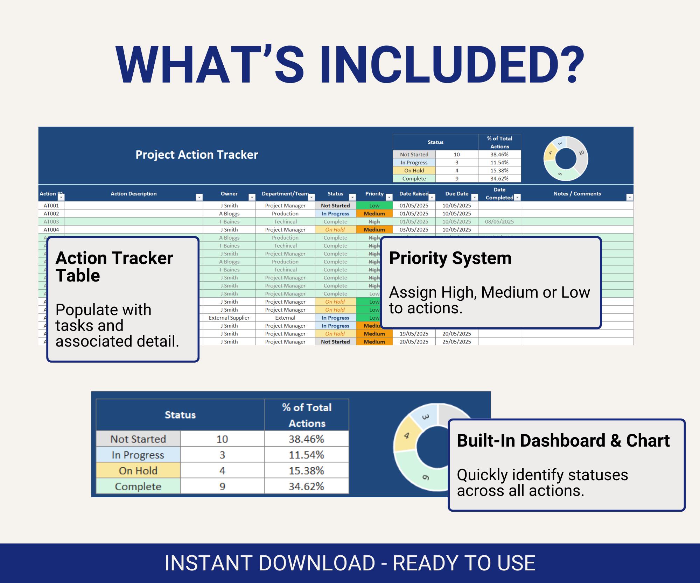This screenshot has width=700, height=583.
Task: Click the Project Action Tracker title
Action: pyautogui.click(x=197, y=155)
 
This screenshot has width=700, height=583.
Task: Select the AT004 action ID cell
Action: pyautogui.click(x=51, y=230)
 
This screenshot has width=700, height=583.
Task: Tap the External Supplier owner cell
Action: pyautogui.click(x=229, y=318)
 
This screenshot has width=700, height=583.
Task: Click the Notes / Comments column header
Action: pyautogui.click(x=577, y=194)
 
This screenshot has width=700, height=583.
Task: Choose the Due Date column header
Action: pyautogui.click(x=456, y=194)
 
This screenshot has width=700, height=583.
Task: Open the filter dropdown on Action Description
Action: pyautogui.click(x=199, y=197)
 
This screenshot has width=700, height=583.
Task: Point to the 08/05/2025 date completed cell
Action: pyautogui.click(x=499, y=222)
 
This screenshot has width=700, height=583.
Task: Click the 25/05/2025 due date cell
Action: pyautogui.click(x=456, y=342)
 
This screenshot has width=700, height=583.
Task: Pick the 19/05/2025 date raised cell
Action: pyautogui.click(x=414, y=334)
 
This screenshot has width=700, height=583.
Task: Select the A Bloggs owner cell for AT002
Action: pyautogui.click(x=229, y=214)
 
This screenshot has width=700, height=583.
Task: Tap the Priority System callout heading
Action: pyautogui.click(x=450, y=258)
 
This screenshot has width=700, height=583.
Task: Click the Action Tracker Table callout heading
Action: pyautogui.click(x=114, y=266)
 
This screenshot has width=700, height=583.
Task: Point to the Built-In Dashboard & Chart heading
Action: pyautogui.click(x=563, y=441)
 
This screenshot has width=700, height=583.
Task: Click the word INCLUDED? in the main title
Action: pyautogui.click(x=452, y=65)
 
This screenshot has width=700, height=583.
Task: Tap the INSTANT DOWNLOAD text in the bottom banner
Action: pyautogui.click(x=269, y=563)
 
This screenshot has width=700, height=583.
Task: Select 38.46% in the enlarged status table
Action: pyautogui.click(x=306, y=439)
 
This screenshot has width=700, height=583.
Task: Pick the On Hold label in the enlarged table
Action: pyautogui.click(x=138, y=471)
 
